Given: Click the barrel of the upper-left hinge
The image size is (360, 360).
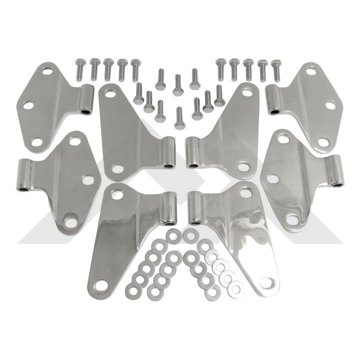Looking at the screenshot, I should click(x=86, y=99).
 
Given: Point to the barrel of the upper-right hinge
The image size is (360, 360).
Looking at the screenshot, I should click(x=273, y=99).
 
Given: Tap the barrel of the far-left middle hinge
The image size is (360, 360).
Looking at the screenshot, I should click(x=23, y=175).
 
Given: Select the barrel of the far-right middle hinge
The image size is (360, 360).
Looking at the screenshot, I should click(x=336, y=171).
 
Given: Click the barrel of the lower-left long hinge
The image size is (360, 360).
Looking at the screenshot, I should click(x=169, y=207).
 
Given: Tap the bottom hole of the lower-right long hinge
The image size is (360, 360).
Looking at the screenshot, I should click(x=266, y=283).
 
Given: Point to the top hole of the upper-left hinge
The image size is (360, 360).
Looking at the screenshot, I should click(x=47, y=71).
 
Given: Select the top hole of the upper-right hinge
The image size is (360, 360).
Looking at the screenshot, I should click(x=311, y=71).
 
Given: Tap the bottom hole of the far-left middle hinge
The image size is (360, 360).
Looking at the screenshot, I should click(x=70, y=220).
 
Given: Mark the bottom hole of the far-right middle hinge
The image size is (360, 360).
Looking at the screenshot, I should click(x=291, y=218).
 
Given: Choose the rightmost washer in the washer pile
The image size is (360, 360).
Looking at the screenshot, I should click(x=236, y=287).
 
